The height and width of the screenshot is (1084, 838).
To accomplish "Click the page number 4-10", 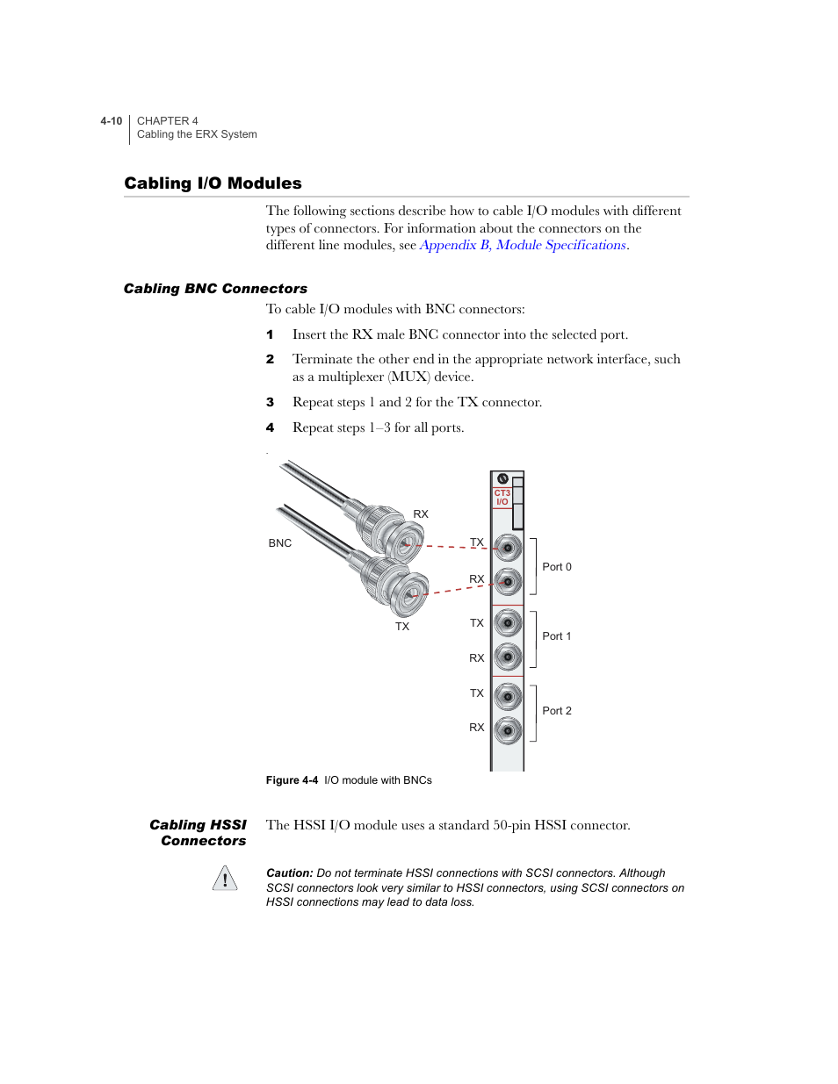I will (111, 121).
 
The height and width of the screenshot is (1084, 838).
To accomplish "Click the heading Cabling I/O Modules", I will (213, 183).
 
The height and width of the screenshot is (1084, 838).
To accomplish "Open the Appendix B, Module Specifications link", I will (523, 246).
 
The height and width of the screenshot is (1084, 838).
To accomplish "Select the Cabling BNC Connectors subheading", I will (215, 289).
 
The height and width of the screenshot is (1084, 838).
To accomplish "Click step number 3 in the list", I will (270, 403).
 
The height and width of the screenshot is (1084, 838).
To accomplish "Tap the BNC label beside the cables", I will (279, 543).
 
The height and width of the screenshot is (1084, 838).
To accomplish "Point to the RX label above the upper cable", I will (421, 514).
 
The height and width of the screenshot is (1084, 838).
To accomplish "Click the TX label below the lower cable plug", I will (401, 627).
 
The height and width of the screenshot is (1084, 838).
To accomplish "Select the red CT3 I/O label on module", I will (502, 498).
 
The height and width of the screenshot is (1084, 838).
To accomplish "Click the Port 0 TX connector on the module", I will (508, 548).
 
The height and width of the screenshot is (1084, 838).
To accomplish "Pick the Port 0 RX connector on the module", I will (508, 581).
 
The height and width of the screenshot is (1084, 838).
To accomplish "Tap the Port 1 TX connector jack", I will (508, 623).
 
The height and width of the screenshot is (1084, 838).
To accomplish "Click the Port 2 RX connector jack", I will (508, 729).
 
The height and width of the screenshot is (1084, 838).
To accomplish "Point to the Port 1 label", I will (556, 636).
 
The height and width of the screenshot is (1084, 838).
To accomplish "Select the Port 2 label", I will (556, 711).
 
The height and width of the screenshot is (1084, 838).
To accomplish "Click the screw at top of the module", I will (502, 478).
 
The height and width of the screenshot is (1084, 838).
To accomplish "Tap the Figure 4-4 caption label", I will (292, 780).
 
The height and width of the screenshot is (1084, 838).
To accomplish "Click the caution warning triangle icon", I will (225, 879).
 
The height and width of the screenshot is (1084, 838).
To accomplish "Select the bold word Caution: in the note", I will (289, 873).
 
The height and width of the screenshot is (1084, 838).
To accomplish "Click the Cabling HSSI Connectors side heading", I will (199, 833).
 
